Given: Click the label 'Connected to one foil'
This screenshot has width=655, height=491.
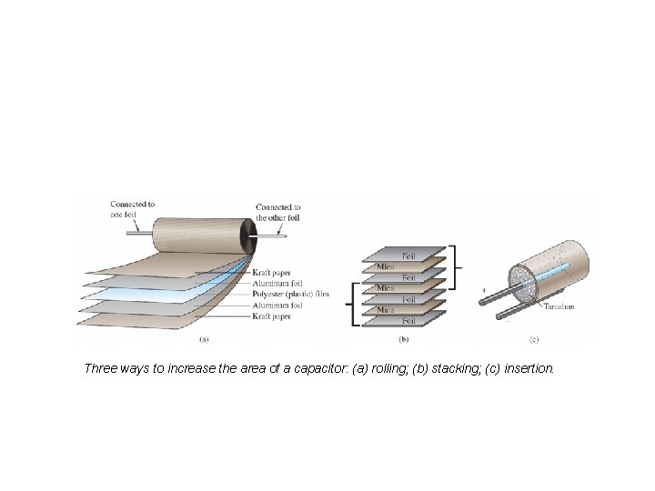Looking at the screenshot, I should pyautogui.click(x=132, y=209).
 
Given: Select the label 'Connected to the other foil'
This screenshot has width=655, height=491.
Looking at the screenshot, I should pyautogui.click(x=278, y=213).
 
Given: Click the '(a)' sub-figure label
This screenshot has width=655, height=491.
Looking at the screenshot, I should pyautogui.click(x=205, y=341).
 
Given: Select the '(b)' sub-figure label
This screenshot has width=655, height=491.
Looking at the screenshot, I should pyautogui.click(x=403, y=341).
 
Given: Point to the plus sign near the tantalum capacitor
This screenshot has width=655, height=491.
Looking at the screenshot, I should pyautogui.click(x=484, y=291).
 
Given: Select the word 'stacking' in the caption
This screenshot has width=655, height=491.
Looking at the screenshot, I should pyautogui.click(x=431, y=369).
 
